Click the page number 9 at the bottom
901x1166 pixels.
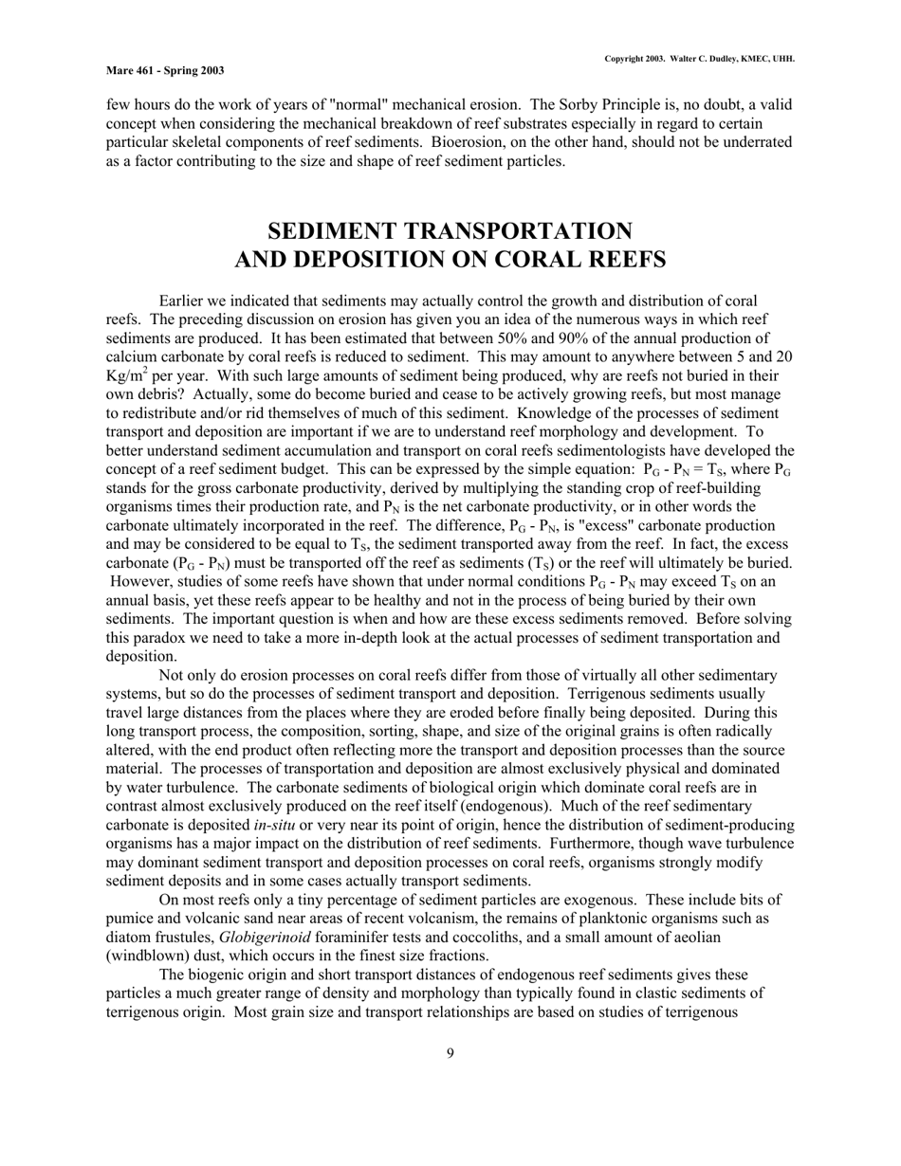click(x=450, y=1051)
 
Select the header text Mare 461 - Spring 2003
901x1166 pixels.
click(x=165, y=70)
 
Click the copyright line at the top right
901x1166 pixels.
click(x=700, y=59)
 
